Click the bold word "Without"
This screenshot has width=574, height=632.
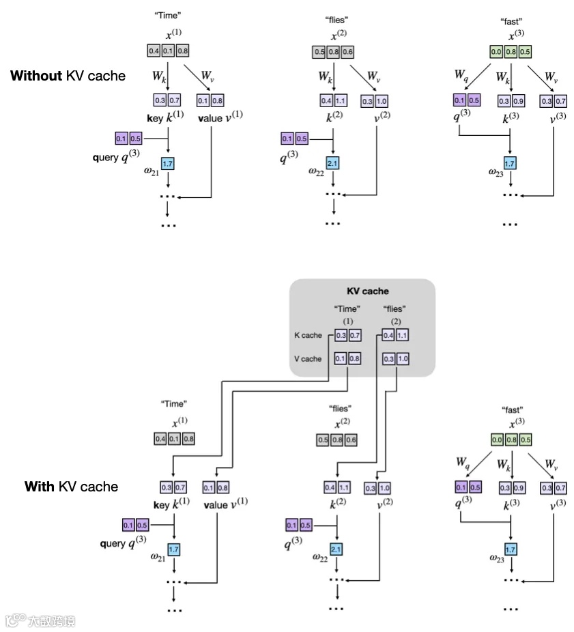pos(35,76)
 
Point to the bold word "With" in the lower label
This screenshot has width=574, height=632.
pos(39,487)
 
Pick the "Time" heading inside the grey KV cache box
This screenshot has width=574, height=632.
pos(347,309)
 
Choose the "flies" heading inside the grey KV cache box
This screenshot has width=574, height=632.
pos(395,309)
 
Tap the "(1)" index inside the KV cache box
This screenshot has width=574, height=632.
pos(347,321)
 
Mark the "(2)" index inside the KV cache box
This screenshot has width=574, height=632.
pos(395,321)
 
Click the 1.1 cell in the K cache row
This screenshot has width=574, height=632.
pos(401,336)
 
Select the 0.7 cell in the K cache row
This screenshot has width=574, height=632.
pos(354,336)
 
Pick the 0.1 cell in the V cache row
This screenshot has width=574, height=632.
pos(341,358)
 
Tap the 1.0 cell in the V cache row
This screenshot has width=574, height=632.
pos(401,358)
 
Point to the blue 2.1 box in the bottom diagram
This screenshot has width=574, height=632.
pos(335,549)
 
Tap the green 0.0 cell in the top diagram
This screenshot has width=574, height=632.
pos(497,52)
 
